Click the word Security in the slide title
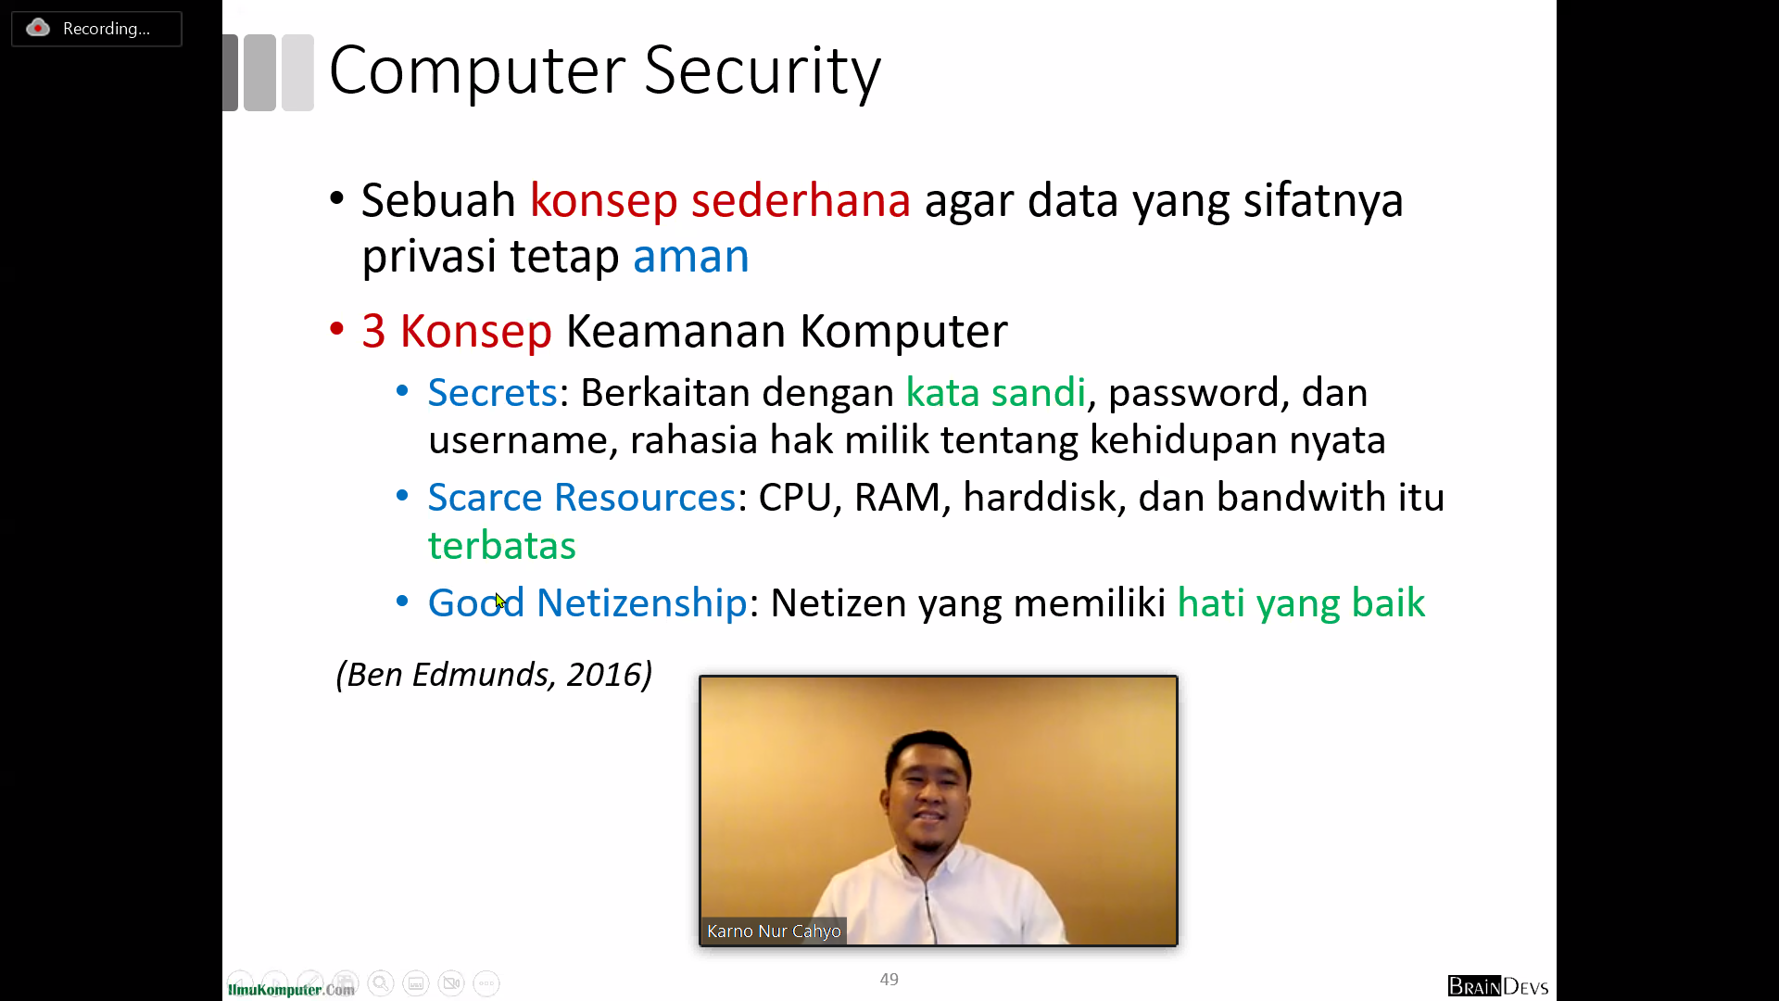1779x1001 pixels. click(x=762, y=72)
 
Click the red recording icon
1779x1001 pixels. click(x=38, y=28)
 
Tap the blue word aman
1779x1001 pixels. click(x=690, y=257)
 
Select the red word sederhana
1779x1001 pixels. click(x=801, y=200)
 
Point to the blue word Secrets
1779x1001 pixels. click(x=493, y=393)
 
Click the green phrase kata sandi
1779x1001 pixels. click(x=995, y=393)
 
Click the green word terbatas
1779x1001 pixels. click(x=501, y=546)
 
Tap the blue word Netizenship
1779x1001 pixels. click(x=641, y=603)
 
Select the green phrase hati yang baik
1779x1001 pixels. click(x=1301, y=603)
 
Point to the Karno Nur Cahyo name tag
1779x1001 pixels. click(x=774, y=931)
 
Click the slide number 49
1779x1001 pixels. click(x=889, y=979)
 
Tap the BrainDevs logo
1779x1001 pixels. click(x=1498, y=986)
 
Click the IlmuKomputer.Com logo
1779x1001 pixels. click(x=291, y=989)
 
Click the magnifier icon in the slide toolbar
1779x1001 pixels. click(x=380, y=982)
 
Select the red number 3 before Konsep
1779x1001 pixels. click(x=373, y=332)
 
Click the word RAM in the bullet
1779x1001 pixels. click(x=897, y=498)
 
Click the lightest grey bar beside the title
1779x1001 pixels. click(x=297, y=72)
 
